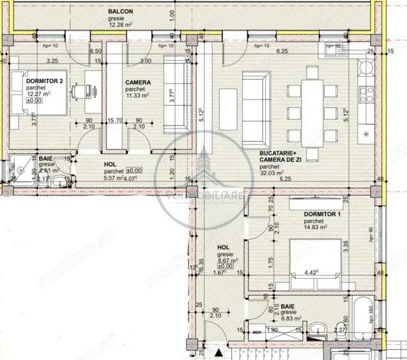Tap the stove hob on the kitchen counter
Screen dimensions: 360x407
367,95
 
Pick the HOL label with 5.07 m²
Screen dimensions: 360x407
111,164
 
